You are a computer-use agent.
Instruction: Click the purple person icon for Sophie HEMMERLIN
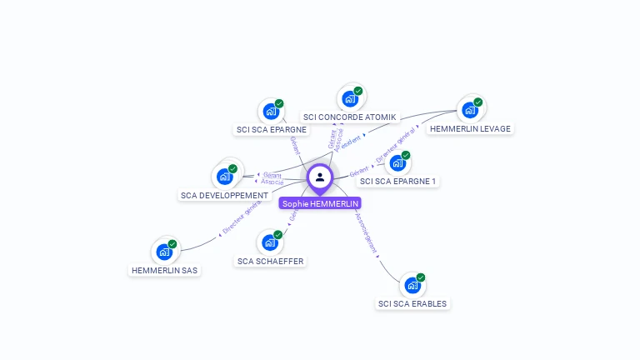(320, 177)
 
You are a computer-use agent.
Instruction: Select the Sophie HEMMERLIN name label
(320, 203)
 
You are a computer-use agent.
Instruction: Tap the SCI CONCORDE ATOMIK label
(350, 117)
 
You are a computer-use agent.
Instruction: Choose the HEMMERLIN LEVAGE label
(470, 128)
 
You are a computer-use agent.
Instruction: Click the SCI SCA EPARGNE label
(272, 129)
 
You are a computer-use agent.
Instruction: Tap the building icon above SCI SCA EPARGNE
(271, 111)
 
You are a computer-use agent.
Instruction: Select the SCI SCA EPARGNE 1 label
(398, 181)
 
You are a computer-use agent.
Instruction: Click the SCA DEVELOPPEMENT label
(224, 195)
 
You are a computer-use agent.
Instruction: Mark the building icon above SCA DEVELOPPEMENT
(225, 176)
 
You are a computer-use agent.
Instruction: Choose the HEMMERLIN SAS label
(165, 270)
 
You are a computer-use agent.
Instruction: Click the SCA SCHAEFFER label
(271, 261)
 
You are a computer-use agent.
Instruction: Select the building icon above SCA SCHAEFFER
(270, 242)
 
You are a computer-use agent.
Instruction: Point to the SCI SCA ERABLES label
(412, 303)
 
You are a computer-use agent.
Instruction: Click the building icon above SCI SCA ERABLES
(412, 285)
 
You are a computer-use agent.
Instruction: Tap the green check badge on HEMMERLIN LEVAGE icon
(478, 102)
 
